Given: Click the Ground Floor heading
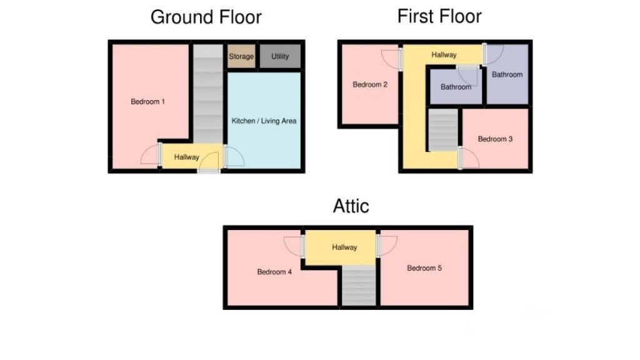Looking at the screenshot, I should click(x=206, y=17).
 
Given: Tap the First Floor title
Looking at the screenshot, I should click(x=439, y=16).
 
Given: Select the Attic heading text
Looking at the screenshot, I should click(x=351, y=206).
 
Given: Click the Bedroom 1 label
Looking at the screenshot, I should click(x=147, y=101).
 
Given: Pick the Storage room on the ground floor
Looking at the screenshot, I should click(x=241, y=56).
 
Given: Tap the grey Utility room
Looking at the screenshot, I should click(x=280, y=56).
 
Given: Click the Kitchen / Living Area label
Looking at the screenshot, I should click(x=264, y=121).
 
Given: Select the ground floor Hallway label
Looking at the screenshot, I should click(x=186, y=157).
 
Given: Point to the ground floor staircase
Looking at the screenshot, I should click(x=207, y=94).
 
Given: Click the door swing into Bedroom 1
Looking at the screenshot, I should click(x=151, y=155).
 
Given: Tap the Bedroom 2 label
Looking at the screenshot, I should click(x=369, y=84).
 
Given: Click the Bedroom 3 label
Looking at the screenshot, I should click(x=495, y=139).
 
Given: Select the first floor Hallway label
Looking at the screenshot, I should click(x=444, y=55).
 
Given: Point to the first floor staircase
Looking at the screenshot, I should click(x=442, y=130).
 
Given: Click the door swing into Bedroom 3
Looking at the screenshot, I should click(x=469, y=158).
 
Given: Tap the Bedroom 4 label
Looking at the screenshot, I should click(x=274, y=272).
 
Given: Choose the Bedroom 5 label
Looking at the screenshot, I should click(x=424, y=268).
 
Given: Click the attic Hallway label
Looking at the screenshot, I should click(x=344, y=247).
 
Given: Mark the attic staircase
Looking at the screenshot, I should click(x=359, y=286).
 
